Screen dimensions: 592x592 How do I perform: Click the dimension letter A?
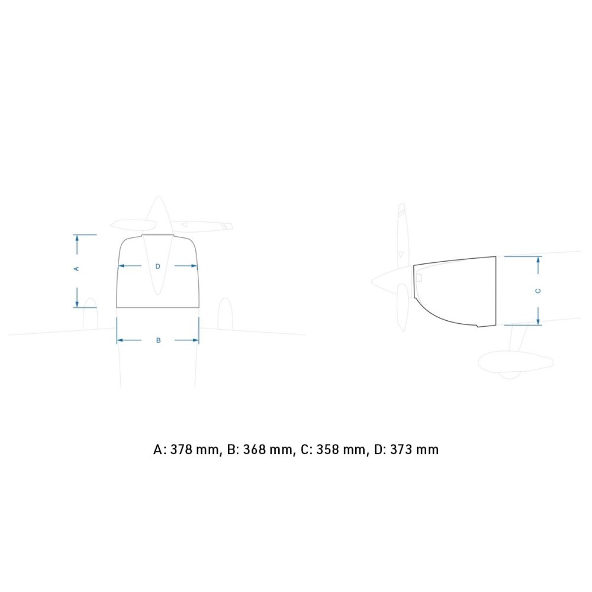pos(76,269)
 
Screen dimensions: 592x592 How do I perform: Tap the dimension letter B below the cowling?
pos(159,340)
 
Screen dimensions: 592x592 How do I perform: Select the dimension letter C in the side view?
pos(538,291)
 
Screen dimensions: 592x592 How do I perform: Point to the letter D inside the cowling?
pos(158,266)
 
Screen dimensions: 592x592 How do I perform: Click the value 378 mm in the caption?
pos(194,450)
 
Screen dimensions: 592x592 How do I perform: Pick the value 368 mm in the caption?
pos(268,450)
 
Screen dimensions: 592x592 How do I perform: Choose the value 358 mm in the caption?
pos(340,450)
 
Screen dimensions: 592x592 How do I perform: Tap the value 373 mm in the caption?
pos(414,450)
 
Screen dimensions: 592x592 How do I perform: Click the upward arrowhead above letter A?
pos(77,238)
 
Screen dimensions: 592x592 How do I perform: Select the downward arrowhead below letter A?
pos(77,304)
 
